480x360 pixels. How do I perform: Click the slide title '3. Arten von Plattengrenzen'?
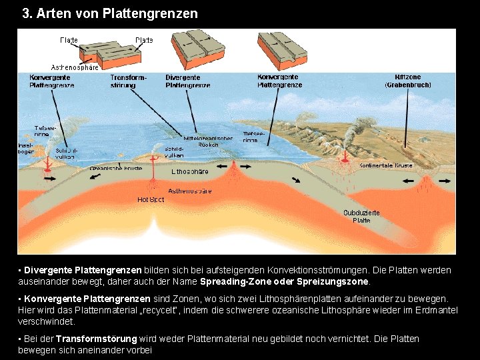tap(110, 13)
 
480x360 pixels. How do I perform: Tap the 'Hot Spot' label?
tap(151, 199)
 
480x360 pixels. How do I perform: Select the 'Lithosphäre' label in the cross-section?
tap(190, 171)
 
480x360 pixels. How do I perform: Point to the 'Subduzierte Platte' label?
tap(361, 216)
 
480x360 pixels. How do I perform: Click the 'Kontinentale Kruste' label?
tap(386, 165)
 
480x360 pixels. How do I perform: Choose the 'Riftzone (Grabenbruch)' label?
tap(408, 81)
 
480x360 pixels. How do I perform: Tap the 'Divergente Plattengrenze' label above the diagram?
tap(187, 81)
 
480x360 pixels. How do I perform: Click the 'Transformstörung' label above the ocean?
tap(128, 81)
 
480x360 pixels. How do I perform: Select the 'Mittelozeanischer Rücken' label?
tap(213, 141)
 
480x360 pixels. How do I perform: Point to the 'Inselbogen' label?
tap(26, 148)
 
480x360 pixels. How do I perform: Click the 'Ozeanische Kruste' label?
tap(116, 169)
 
